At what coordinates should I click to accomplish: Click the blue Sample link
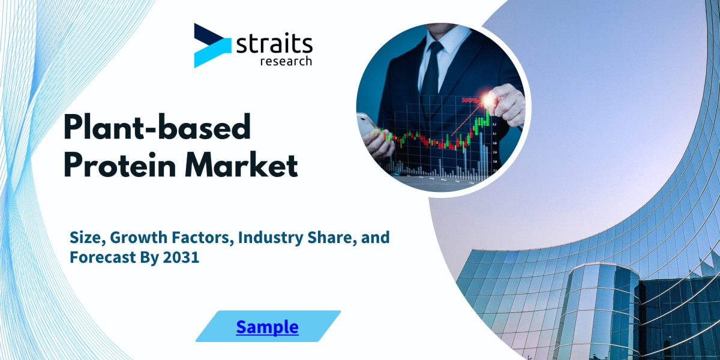click(x=267, y=327)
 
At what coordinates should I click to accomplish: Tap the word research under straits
click(x=285, y=61)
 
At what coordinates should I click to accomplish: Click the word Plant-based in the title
click(x=157, y=128)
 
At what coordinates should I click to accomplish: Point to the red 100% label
click(x=470, y=101)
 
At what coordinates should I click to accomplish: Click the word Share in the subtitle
click(x=335, y=238)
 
